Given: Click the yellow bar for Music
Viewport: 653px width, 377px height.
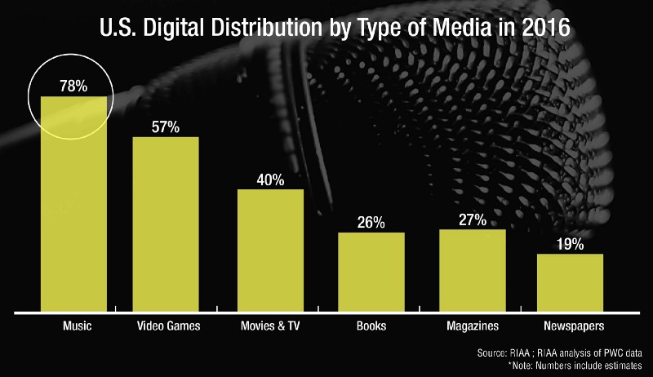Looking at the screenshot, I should (x=74, y=204).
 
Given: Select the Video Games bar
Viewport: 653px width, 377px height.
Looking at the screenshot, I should (x=166, y=224).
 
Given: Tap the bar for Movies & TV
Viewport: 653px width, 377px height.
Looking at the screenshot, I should (x=270, y=250).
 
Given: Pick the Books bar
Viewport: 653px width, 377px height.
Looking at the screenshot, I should (x=371, y=271).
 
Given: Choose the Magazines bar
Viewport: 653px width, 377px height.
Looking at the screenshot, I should (x=473, y=269).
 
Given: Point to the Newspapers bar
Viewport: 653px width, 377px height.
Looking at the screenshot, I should (x=570, y=282).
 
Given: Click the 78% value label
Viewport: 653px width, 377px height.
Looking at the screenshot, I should (x=73, y=85).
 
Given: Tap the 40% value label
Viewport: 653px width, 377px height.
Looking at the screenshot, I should (x=270, y=179).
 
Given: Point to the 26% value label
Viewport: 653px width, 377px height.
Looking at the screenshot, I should (x=371, y=222).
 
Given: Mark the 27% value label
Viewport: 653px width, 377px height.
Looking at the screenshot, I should (x=473, y=219).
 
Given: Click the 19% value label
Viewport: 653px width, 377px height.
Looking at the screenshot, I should (x=570, y=243).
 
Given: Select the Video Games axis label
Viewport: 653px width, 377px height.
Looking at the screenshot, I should (x=166, y=326).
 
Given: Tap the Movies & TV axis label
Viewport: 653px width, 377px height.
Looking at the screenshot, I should (x=270, y=326).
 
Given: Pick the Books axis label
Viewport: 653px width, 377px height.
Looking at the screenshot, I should (x=371, y=326).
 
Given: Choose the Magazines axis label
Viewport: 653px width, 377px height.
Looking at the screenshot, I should (x=473, y=326).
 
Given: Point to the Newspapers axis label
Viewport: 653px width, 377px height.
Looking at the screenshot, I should (x=570, y=326).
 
